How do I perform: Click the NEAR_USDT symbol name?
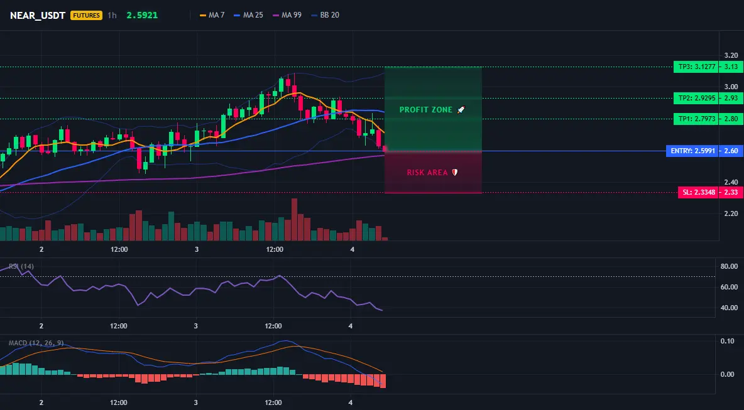tap(38, 15)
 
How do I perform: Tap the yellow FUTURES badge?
tap(86, 15)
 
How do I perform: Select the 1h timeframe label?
tap(112, 15)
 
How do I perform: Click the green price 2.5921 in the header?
tap(142, 15)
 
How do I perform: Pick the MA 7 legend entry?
tap(212, 15)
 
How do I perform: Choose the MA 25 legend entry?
tap(249, 15)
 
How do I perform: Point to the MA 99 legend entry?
tap(287, 15)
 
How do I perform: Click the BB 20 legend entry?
tap(325, 15)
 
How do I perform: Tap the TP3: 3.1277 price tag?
tap(696, 67)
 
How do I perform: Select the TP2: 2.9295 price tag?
tap(696, 98)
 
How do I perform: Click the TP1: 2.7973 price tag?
tap(696, 119)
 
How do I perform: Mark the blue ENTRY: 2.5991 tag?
tap(692, 151)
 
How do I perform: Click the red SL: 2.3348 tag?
tap(699, 192)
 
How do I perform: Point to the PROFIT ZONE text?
tap(426, 109)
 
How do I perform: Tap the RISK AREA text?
tap(427, 173)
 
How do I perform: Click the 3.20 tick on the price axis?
tap(731, 55)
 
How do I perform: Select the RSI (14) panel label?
tap(21, 266)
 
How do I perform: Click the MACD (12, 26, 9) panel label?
tap(36, 343)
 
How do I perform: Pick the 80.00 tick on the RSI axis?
tap(730, 266)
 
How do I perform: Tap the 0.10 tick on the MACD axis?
tap(728, 341)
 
